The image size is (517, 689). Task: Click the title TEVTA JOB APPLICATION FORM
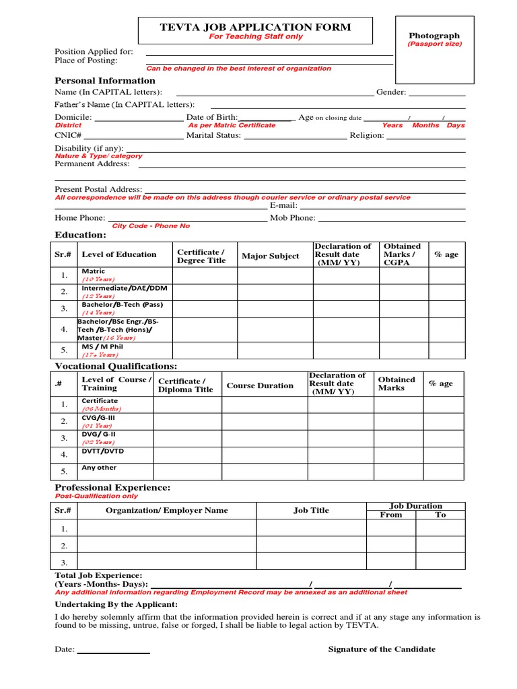[x=255, y=28]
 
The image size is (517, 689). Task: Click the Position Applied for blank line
[x=269, y=52]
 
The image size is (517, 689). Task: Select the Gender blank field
[x=437, y=93]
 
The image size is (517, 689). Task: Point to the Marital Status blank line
[x=295, y=136]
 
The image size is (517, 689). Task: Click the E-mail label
[x=283, y=205]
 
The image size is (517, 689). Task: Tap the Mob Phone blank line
[x=391, y=219]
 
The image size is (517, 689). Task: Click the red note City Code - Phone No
[x=151, y=226]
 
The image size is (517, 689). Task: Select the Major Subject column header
[x=271, y=256]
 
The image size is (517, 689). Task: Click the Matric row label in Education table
[x=94, y=272]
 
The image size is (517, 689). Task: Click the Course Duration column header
[x=260, y=386]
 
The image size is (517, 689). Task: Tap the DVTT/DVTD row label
[x=100, y=451]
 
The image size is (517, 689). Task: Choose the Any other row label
[x=99, y=468]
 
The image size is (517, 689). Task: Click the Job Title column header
[x=311, y=511]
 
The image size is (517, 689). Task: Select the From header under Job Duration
[x=390, y=515]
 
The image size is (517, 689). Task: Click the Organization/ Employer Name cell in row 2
[x=167, y=545]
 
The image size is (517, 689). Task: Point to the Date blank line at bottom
[x=114, y=651]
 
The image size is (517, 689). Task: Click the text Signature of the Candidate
[x=381, y=649]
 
